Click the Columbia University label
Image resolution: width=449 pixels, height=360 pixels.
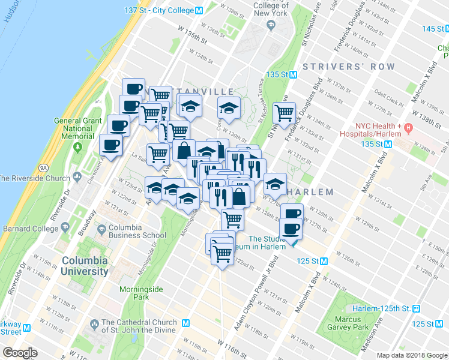point(85,266)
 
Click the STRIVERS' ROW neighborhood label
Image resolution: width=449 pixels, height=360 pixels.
point(349,66)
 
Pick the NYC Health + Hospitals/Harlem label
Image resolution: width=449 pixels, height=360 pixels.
point(376,127)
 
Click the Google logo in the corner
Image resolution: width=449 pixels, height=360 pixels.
point(20,353)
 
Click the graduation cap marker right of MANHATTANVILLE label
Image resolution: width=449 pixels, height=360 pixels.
point(229,109)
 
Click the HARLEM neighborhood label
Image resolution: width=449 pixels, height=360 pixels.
point(310,192)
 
